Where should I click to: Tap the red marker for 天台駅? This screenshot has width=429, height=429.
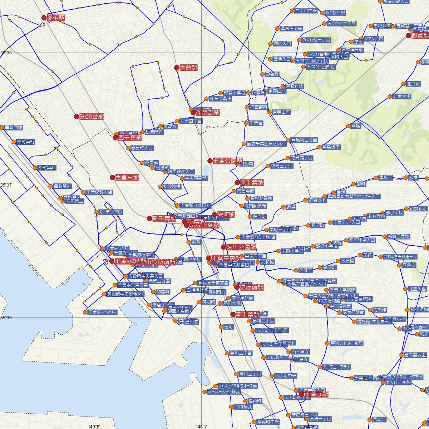click(177, 67)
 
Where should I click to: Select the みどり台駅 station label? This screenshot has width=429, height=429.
click(92, 117)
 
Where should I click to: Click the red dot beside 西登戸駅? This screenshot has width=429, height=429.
click(112, 177)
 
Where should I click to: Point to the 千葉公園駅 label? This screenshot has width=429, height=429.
click(228, 161)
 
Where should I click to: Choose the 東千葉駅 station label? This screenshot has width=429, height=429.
click(252, 182)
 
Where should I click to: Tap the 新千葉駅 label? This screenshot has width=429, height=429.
click(164, 218)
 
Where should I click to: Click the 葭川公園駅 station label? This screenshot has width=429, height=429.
click(241, 247)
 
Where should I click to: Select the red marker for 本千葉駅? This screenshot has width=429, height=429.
click(233, 315)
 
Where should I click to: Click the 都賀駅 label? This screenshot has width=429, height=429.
click(420, 35)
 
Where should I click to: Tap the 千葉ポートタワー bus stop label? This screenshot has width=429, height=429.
click(102, 312)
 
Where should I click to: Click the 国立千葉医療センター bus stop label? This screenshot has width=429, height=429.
click(267, 144)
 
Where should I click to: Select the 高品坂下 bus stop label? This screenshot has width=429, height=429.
click(331, 147)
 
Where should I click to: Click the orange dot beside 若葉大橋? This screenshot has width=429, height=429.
click(390, 97)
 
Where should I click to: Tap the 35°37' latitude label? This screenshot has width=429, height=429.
click(6, 185)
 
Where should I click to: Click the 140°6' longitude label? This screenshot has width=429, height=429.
click(94, 426)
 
